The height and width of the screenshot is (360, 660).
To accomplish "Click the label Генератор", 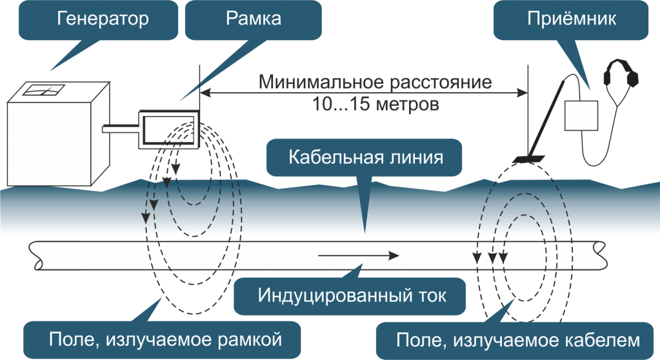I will [103, 18].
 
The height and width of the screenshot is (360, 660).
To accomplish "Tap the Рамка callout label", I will [254, 18].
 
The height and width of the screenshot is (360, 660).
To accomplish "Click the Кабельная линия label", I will [365, 157].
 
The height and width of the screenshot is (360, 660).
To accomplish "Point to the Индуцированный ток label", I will [352, 296].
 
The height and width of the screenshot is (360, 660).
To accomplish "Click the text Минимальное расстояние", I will [375, 83].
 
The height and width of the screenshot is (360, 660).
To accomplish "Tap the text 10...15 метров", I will [375, 103].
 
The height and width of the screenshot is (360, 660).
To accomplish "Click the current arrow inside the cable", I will [358, 255].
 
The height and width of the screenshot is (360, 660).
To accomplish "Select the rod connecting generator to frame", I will [119, 129].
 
